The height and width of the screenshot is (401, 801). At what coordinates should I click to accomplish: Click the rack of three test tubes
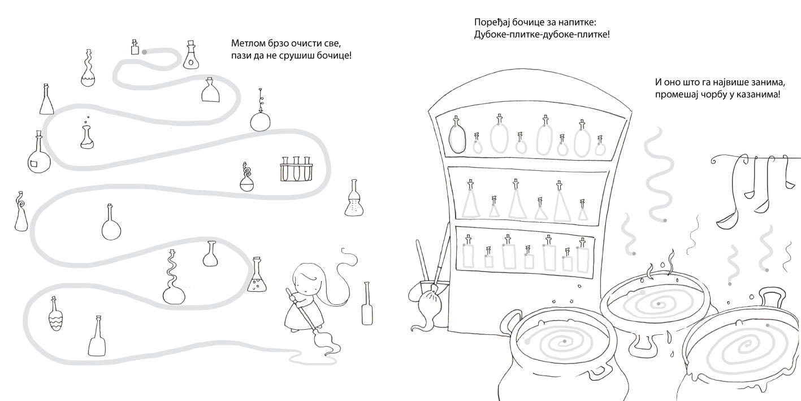(296, 169)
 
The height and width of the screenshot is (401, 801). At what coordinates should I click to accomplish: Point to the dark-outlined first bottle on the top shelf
(457, 135)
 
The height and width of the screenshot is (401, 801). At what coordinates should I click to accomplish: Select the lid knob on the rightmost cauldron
(772, 296)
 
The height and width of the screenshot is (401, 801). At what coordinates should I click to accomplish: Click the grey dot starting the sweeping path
(145, 52)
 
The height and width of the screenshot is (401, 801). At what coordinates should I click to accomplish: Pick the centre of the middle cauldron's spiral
(659, 304)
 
